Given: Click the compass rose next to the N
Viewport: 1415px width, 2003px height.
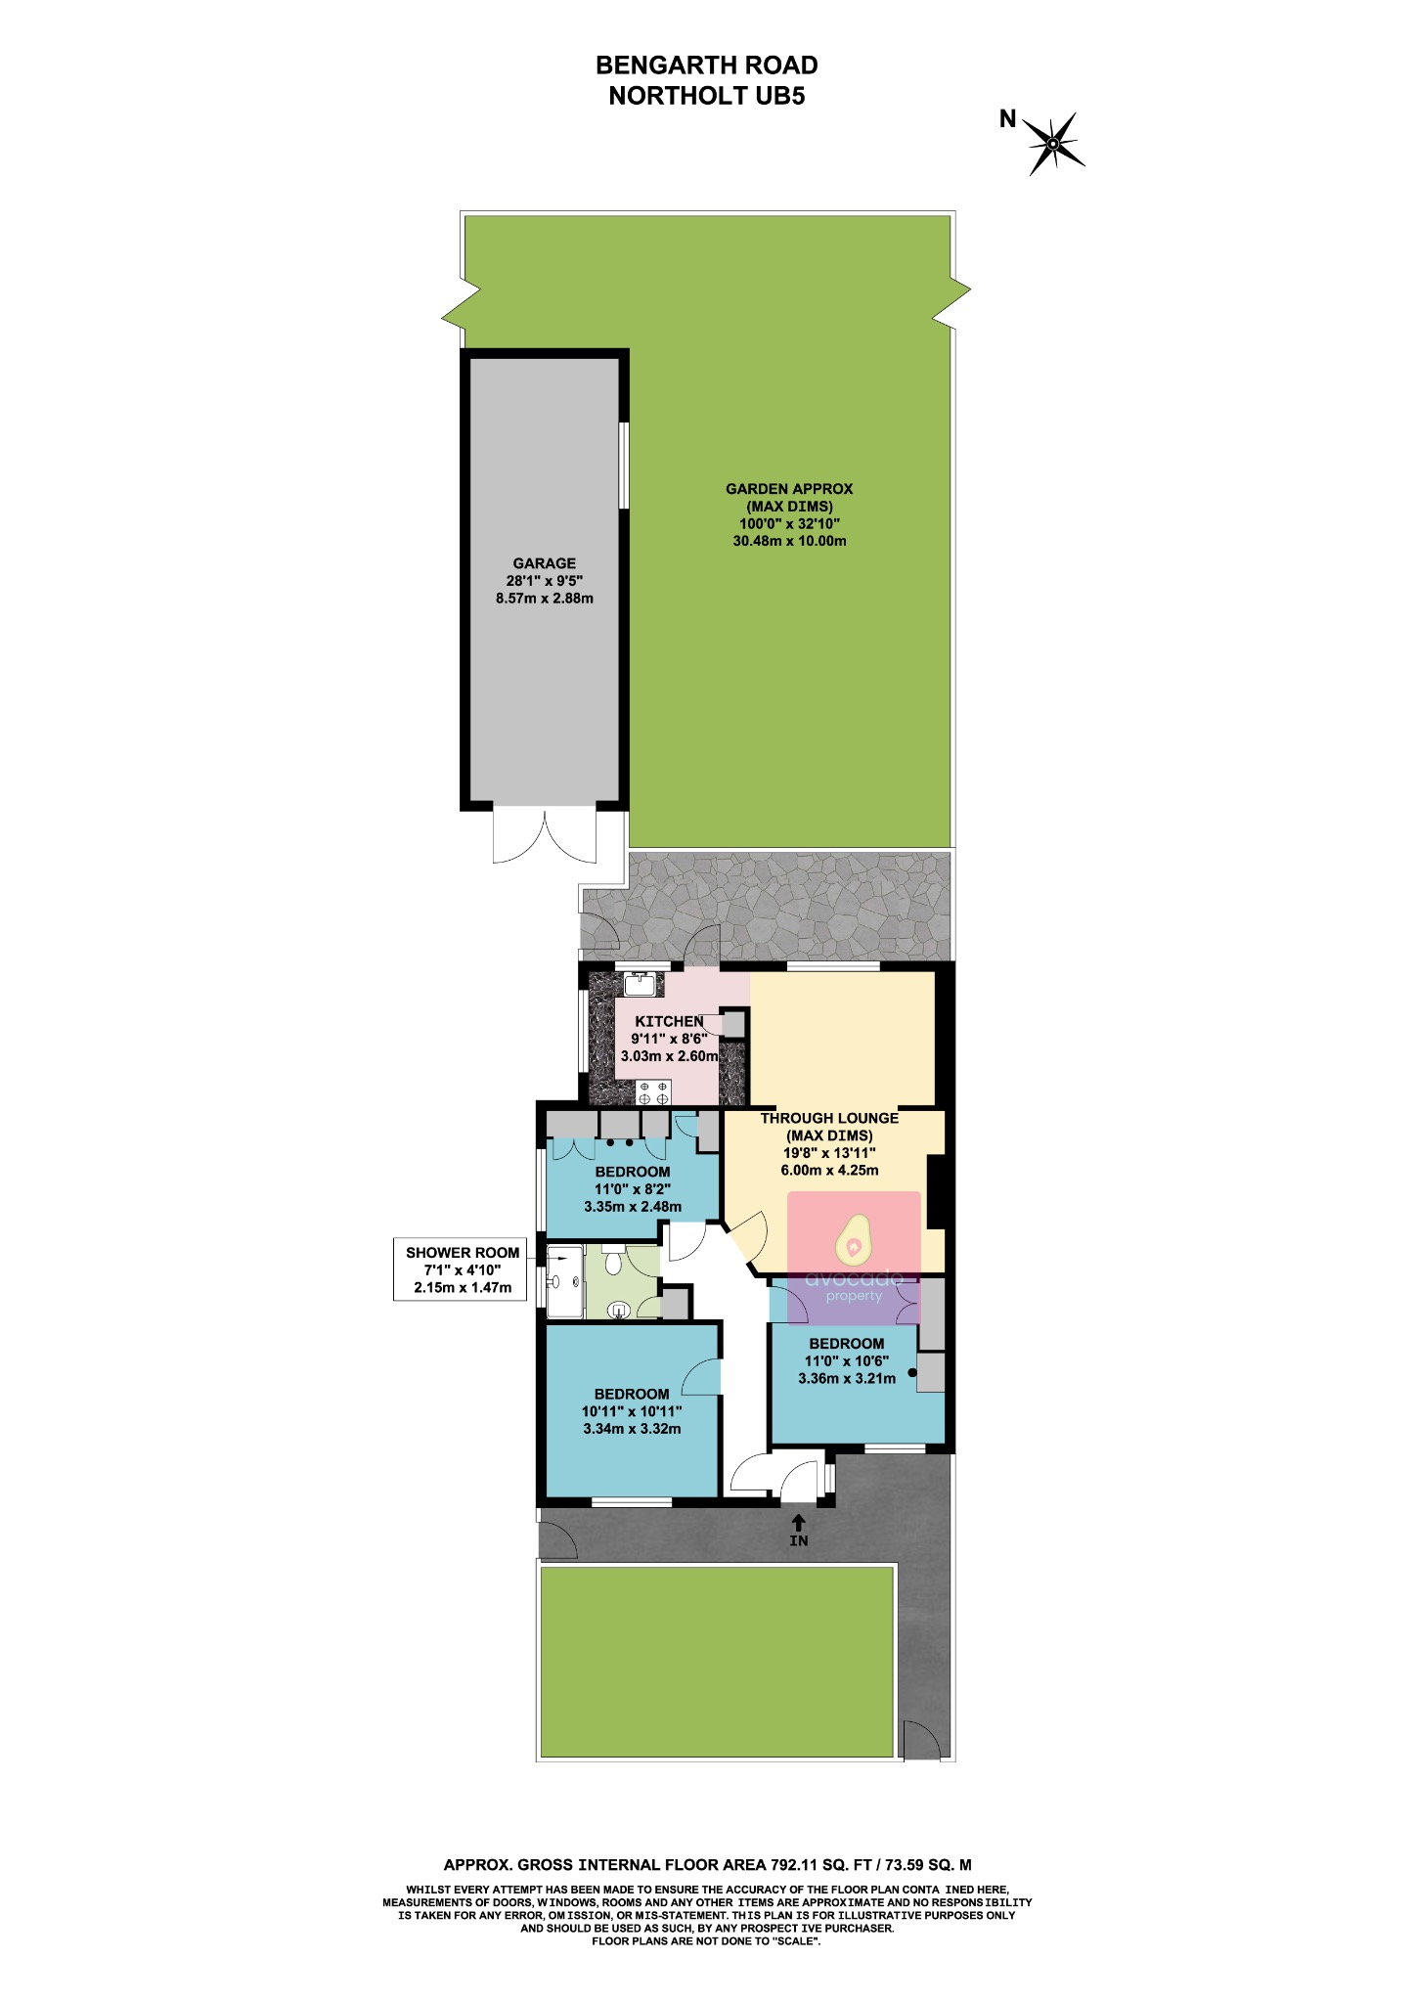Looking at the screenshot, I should coord(1053,145).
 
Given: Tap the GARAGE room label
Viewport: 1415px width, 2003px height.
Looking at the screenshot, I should coord(545,563).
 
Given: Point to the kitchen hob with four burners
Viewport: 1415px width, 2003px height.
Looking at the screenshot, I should coord(653,1092).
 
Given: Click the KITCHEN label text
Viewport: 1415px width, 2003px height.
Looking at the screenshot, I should coord(669,1021).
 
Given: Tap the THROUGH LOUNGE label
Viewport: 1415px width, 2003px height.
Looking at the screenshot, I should coord(829,1118).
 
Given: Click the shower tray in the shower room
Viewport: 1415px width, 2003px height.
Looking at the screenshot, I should coord(564,1280).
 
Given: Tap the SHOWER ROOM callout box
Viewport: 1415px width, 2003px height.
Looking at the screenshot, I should coord(463,1269).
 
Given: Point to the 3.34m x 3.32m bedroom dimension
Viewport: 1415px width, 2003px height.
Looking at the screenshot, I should coord(632,1429).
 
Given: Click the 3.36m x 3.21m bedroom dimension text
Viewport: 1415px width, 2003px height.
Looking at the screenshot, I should coord(847,1379).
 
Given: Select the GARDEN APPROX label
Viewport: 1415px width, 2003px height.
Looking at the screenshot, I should coord(789,489).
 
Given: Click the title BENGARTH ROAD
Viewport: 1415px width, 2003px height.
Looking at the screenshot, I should coord(706,66).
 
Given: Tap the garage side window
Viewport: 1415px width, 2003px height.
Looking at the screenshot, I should coord(624,466).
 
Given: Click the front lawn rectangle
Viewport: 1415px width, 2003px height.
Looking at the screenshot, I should coord(717,1662).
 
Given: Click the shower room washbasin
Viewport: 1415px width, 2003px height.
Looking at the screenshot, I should coord(618,1310).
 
